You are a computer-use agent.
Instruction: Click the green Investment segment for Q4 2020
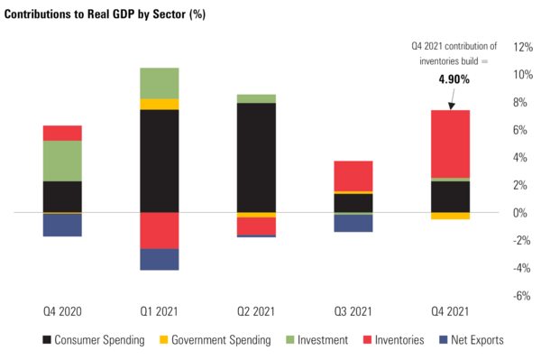click(x=62, y=161)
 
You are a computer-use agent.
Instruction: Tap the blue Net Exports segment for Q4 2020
click(x=62, y=225)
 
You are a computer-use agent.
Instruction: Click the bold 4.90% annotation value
click(x=455, y=79)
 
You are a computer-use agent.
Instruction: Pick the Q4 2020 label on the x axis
click(x=62, y=311)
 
